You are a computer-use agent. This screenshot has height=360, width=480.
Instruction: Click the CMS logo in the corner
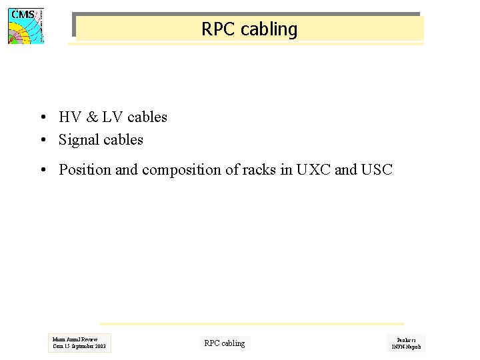25,26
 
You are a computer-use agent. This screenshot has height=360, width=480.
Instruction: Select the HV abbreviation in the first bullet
69,117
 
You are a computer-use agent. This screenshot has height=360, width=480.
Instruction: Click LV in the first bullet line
109,117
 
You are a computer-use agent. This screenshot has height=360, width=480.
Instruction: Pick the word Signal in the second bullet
78,140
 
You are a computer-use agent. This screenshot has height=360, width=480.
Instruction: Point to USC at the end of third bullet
377,170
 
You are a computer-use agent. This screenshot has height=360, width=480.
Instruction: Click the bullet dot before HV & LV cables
42,118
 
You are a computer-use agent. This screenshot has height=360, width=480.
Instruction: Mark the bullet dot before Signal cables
42,141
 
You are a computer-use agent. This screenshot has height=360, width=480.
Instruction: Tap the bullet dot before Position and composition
42,171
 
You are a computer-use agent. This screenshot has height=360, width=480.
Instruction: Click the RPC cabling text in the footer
224,343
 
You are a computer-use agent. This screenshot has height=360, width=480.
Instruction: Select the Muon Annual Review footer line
75,339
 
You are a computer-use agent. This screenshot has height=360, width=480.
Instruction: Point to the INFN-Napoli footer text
406,347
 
